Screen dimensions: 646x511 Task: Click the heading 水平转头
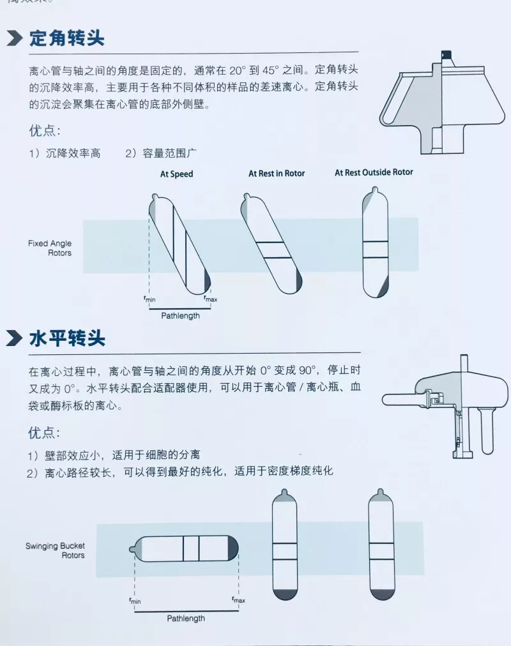point(66,338)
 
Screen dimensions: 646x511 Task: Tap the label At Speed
point(176,174)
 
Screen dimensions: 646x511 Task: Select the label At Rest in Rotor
point(277,174)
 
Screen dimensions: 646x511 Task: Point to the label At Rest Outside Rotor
point(374,172)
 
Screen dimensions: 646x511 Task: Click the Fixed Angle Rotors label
point(50,248)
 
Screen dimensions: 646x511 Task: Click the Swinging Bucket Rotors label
point(55,550)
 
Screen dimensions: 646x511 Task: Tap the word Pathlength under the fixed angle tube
point(180,315)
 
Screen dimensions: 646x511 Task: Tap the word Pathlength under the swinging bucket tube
point(186,618)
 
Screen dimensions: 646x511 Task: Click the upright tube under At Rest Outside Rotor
point(375,243)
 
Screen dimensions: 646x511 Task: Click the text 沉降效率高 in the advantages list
point(73,153)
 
